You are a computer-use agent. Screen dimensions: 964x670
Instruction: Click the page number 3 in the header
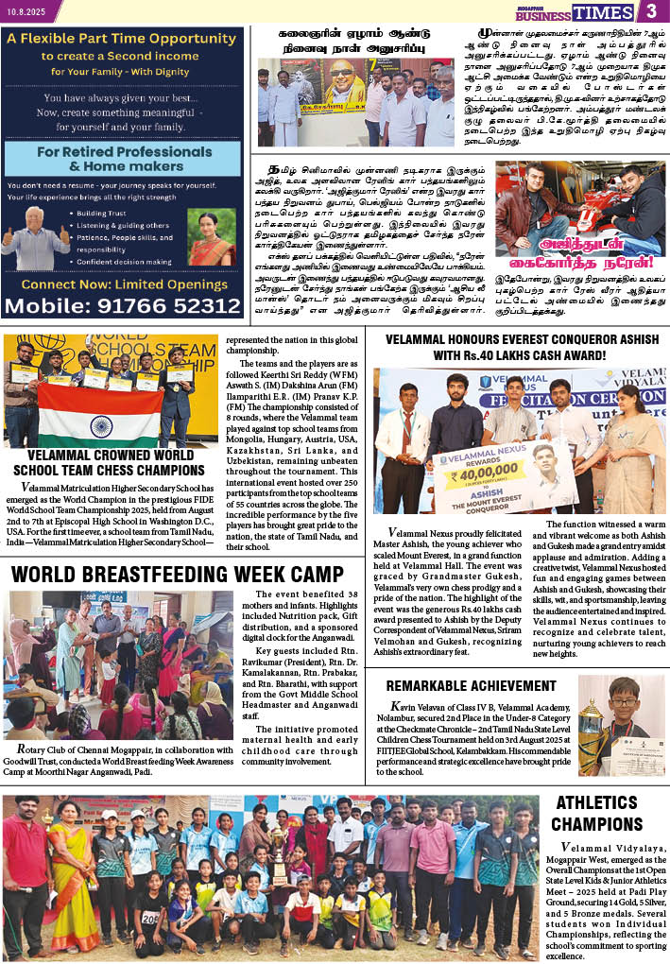pos(651,11)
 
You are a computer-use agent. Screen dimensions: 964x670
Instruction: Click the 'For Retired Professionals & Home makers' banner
pos(123,162)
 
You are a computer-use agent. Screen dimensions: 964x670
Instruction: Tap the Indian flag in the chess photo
pos(100,415)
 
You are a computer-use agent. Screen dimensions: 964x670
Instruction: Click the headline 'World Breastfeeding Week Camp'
pos(178,575)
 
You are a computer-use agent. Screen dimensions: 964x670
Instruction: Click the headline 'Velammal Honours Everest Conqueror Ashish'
pos(525,348)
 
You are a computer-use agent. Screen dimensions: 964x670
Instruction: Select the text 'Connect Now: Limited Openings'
pos(123,284)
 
